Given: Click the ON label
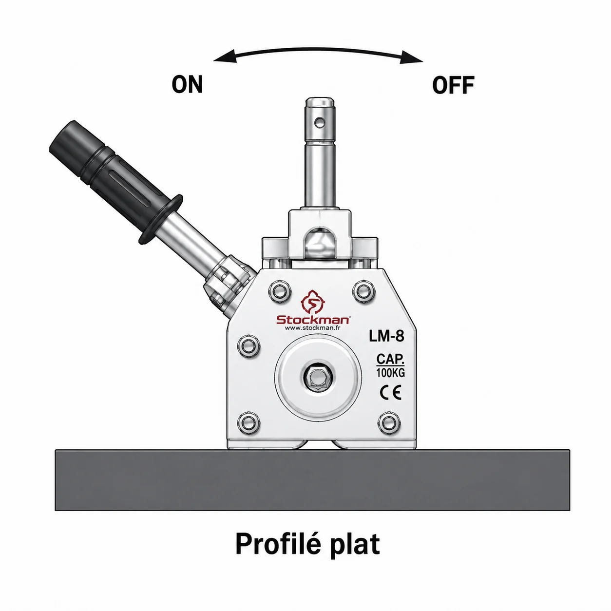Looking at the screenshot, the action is point(187,85).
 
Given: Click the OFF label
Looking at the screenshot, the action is point(453,85).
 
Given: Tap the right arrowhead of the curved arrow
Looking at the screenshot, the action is point(411,57).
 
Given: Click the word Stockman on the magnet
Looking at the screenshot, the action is point(313,320).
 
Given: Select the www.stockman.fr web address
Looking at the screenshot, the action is point(313,328).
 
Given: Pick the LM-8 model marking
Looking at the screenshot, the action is point(386,336).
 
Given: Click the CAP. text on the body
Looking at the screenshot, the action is point(390,359).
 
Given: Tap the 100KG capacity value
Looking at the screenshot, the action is point(391,373).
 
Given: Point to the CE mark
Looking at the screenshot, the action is point(391,393).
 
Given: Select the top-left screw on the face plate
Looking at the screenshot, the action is point(280,291).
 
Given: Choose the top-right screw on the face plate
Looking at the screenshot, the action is point(364,291).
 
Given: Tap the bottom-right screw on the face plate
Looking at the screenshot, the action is point(389,422).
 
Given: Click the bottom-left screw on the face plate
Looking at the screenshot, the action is point(248,422).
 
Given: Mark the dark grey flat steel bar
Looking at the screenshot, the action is point(312,480).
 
